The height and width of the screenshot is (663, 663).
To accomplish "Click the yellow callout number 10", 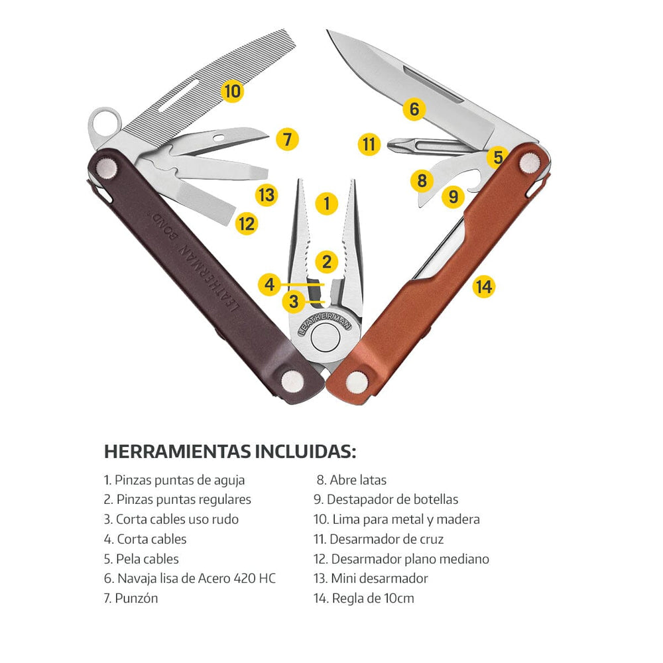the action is [232, 91].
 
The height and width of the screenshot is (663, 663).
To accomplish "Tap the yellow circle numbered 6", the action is [414, 109].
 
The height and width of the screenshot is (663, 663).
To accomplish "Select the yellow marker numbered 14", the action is [484, 286].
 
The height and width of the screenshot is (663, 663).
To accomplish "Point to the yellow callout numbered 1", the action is [327, 203].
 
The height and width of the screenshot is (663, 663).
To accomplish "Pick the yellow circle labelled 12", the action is [247, 223].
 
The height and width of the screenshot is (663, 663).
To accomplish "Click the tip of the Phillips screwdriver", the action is [388, 145].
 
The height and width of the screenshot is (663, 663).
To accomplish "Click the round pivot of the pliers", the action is [325, 337].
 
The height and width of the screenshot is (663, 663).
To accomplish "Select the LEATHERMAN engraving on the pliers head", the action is [325, 324].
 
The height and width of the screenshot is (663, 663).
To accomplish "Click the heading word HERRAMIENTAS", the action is [177, 452].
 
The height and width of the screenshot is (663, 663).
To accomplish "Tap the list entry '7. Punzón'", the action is [131, 598].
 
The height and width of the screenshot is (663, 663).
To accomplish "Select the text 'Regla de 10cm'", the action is [373, 598].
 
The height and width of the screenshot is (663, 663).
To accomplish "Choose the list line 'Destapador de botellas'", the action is [392, 499].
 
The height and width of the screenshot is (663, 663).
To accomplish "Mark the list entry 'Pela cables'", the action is [147, 559].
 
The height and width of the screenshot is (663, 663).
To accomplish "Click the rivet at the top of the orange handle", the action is [529, 163].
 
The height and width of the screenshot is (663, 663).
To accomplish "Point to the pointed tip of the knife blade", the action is [328, 30].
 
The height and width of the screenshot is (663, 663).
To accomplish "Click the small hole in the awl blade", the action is [219, 139].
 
